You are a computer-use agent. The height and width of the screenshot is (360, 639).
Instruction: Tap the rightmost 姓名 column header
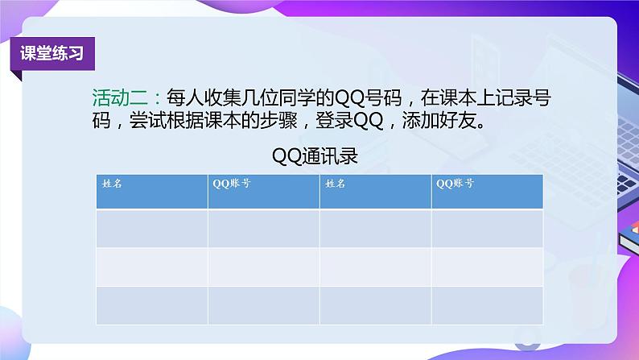(335, 184)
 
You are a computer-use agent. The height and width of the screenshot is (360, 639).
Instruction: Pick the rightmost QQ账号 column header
(455, 184)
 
